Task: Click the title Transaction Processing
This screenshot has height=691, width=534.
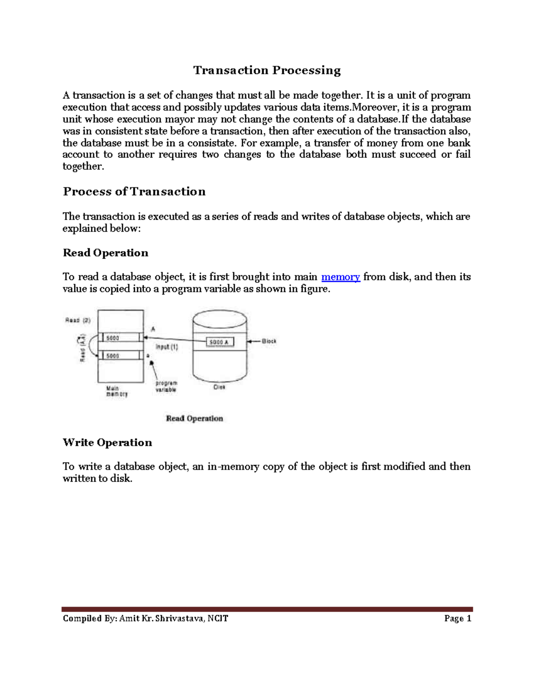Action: click(267, 70)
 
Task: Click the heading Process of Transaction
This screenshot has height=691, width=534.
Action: click(134, 192)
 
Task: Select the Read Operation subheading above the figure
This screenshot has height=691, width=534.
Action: click(105, 253)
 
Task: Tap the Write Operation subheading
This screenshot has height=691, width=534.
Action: click(107, 442)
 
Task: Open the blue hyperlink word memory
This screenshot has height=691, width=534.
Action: click(340, 277)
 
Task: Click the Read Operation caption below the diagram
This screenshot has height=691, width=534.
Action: click(194, 418)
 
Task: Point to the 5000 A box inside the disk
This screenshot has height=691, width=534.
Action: click(220, 342)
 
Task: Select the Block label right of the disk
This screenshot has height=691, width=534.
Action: click(269, 341)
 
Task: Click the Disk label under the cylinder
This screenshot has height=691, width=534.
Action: click(219, 387)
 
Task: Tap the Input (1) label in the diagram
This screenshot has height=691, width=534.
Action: click(167, 347)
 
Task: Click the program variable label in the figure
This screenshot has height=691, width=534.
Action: click(166, 386)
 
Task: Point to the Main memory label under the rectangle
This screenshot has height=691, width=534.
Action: click(116, 391)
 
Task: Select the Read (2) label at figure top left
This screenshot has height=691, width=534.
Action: click(78, 320)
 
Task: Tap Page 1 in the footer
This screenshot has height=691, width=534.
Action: click(457, 618)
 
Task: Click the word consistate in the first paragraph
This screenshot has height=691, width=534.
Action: click(212, 143)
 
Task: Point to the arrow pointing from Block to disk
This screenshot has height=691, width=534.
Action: click(253, 341)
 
